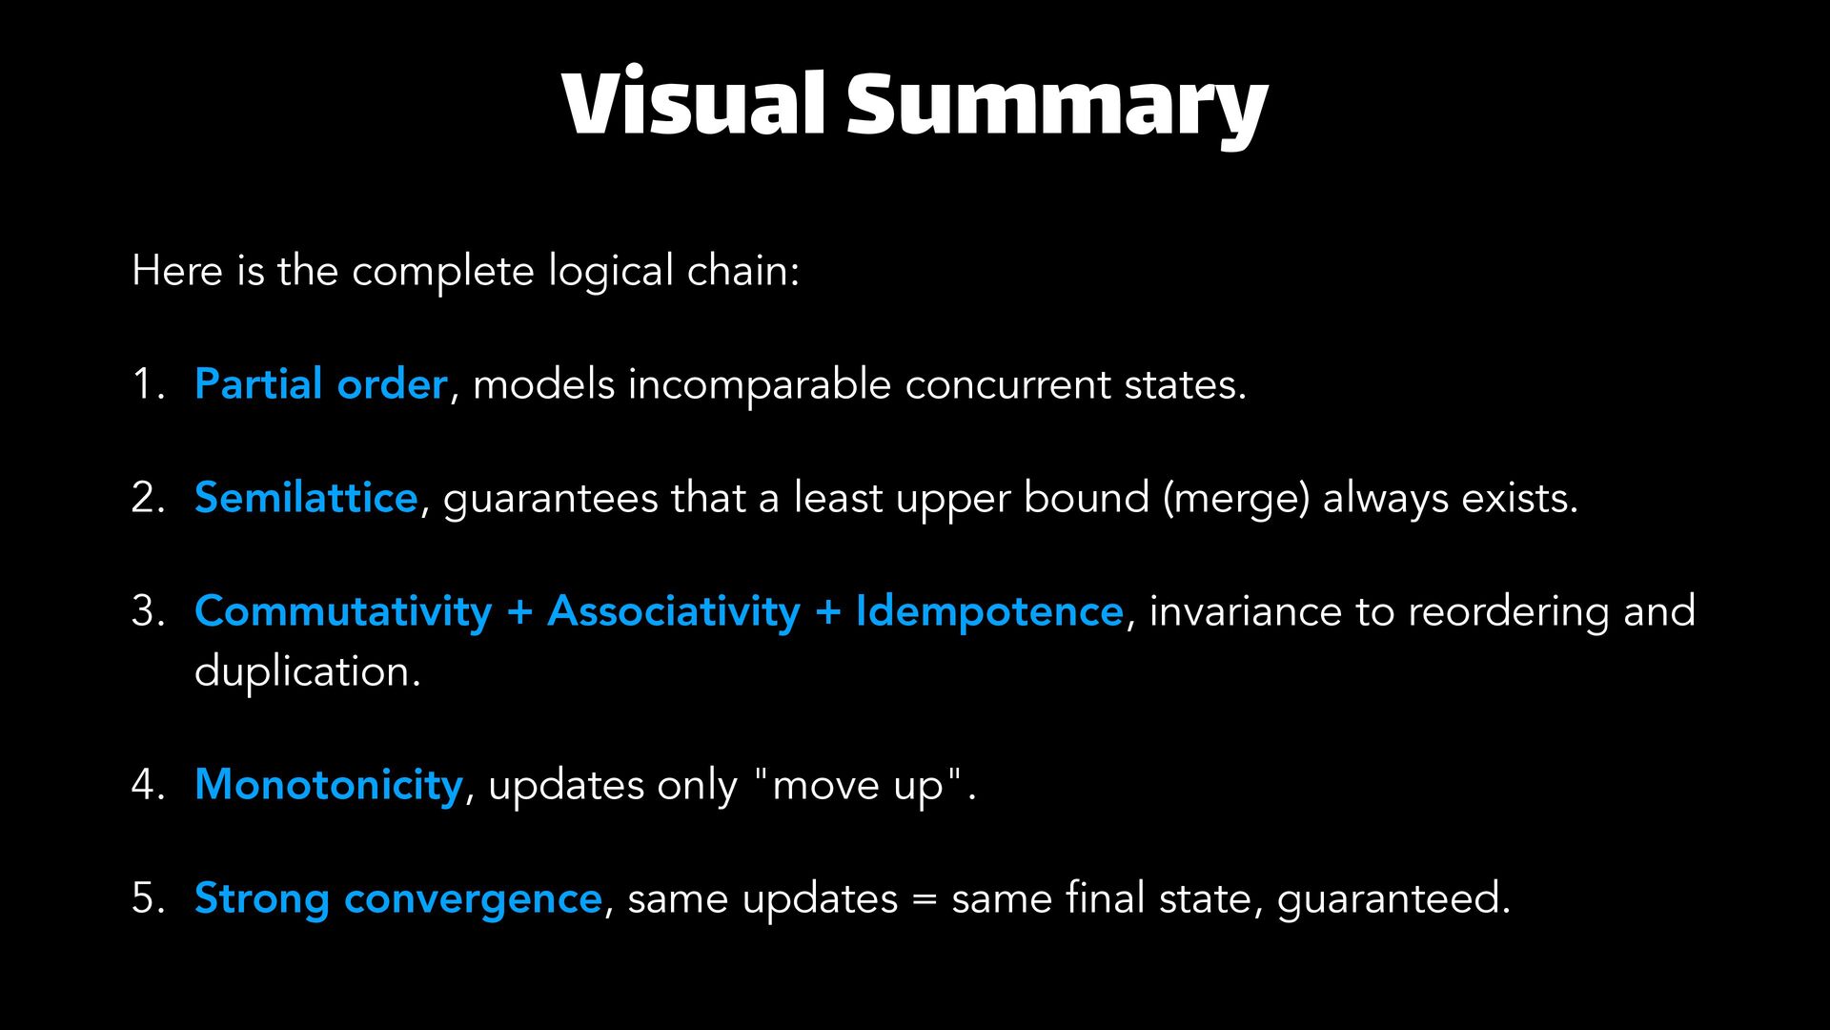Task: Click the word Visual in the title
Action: pyautogui.click(x=693, y=103)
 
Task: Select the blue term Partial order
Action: pyautogui.click(x=320, y=384)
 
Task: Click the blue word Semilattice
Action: pyautogui.click(x=306, y=498)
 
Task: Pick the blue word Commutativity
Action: pyautogui.click(x=343, y=611)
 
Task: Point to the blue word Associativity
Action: pyautogui.click(x=674, y=611)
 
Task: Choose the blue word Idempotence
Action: pyautogui.click(x=989, y=611)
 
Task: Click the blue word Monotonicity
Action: pyautogui.click(x=329, y=785)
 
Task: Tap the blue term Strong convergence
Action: pyautogui.click(x=398, y=898)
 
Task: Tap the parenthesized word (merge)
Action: pyautogui.click(x=1236, y=498)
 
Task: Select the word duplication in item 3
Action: pyautogui.click(x=306, y=671)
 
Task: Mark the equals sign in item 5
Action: pyautogui.click(x=925, y=899)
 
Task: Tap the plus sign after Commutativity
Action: pyautogui.click(x=519, y=612)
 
